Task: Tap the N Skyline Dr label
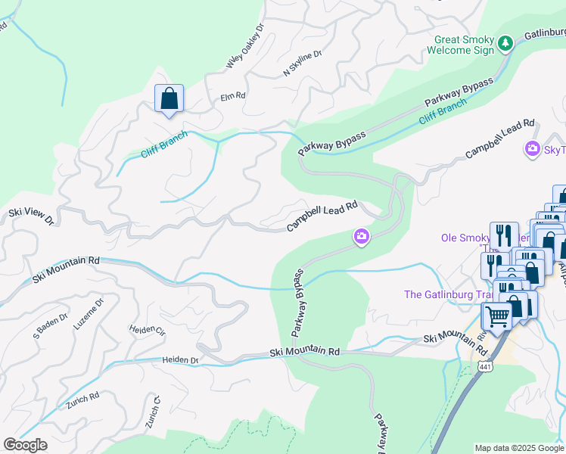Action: [302, 64]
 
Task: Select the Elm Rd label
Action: [233, 97]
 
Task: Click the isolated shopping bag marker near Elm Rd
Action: [169, 98]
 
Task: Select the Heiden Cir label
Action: [147, 331]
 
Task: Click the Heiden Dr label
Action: [179, 361]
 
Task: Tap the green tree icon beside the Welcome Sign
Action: [506, 45]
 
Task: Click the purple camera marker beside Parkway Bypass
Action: [362, 238]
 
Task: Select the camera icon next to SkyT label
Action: [533, 148]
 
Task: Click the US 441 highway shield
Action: [485, 367]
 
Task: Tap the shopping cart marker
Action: [496, 316]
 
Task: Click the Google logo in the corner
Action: [26, 445]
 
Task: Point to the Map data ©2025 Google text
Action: [519, 448]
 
